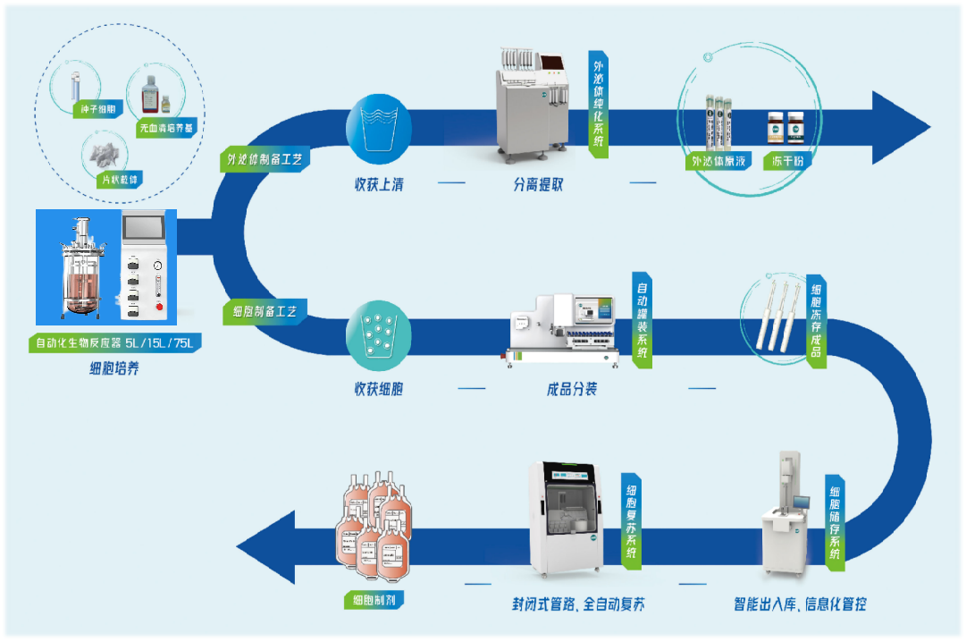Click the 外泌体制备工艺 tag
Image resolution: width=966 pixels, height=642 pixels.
pyautogui.click(x=265, y=160)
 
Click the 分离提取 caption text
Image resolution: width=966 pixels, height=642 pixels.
pyautogui.click(x=538, y=185)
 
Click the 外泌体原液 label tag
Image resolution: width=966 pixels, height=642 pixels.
pyautogui.click(x=718, y=162)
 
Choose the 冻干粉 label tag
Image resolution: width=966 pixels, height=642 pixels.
pyautogui.click(x=786, y=162)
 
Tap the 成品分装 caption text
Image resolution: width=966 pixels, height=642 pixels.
pyautogui.click(x=572, y=390)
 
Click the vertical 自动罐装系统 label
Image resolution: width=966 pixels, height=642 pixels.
pyautogui.click(x=642, y=320)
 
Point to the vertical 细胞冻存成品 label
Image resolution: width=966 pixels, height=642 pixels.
pyautogui.click(x=815, y=320)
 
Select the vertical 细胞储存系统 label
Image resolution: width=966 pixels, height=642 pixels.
pyautogui.click(x=834, y=522)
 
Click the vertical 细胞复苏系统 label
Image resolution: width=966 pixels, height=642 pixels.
pyautogui.click(x=632, y=520)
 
